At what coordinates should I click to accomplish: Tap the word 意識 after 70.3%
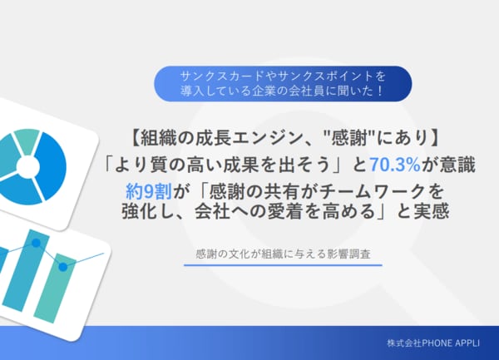click(x=456, y=165)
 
